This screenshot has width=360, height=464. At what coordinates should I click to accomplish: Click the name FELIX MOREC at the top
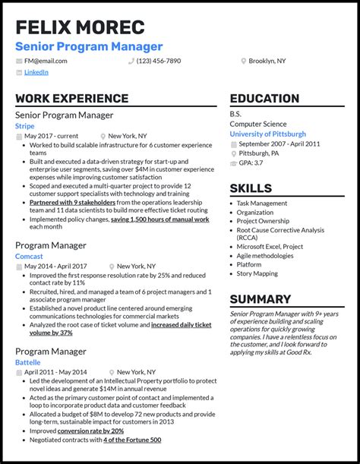(x=80, y=29)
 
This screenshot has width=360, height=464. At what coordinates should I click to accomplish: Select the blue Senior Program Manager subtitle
(x=89, y=47)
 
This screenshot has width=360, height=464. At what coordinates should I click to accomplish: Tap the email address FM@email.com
(x=46, y=61)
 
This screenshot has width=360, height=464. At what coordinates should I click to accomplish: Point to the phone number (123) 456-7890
(x=159, y=61)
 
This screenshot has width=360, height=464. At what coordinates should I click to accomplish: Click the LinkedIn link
(x=36, y=72)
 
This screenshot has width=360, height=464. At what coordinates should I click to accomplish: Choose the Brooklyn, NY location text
(x=267, y=61)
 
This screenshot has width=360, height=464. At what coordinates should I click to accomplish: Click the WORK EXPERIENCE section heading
(x=71, y=99)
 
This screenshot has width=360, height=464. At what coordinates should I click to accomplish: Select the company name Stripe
(x=24, y=126)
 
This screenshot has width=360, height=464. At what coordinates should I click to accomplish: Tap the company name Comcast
(x=29, y=257)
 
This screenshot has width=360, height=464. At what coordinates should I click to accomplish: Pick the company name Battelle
(x=28, y=363)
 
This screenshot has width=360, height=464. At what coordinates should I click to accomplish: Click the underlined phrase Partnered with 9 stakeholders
(x=72, y=203)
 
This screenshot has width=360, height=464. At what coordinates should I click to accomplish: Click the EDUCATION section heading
(x=264, y=99)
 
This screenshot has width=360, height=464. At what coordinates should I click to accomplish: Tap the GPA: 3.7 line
(x=252, y=163)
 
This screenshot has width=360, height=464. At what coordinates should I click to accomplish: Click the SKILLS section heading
(x=251, y=188)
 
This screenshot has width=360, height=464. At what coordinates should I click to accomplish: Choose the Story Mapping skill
(x=257, y=273)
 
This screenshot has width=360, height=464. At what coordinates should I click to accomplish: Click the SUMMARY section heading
(x=261, y=299)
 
